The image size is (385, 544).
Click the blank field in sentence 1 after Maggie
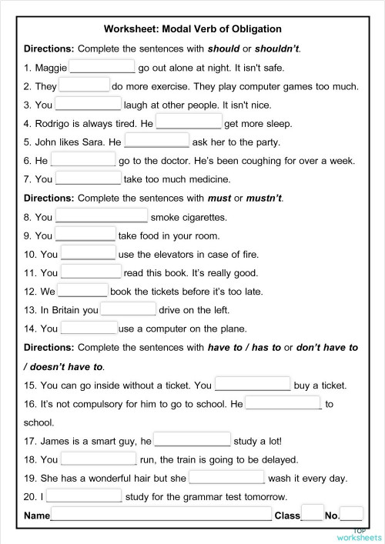(102, 67)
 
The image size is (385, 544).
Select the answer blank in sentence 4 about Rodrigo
(189, 122)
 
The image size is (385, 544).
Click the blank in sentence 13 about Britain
(129, 309)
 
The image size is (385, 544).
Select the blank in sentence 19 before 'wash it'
(226, 478)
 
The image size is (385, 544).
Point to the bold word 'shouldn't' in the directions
(273, 48)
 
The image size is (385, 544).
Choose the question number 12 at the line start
(31, 292)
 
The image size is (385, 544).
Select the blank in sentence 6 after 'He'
(83, 160)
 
